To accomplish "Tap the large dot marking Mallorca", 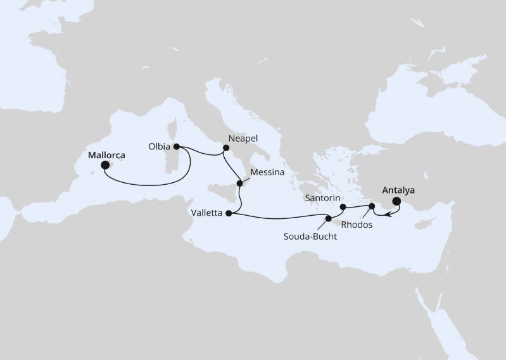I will pos(104,165).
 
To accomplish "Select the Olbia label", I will pos(160,146).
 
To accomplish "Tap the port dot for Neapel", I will pos(225,148).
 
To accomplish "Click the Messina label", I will pos(266,171).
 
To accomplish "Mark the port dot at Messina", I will pos(239,183).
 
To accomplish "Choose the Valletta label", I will pos(206,213).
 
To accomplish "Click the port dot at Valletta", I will pos(227,213).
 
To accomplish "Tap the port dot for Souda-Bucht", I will pos(328,219).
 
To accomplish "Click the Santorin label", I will pos(322,197).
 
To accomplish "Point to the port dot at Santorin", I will pos(343,206).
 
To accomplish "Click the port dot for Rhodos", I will pos(372,206).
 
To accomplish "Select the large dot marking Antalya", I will pos(397,202).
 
